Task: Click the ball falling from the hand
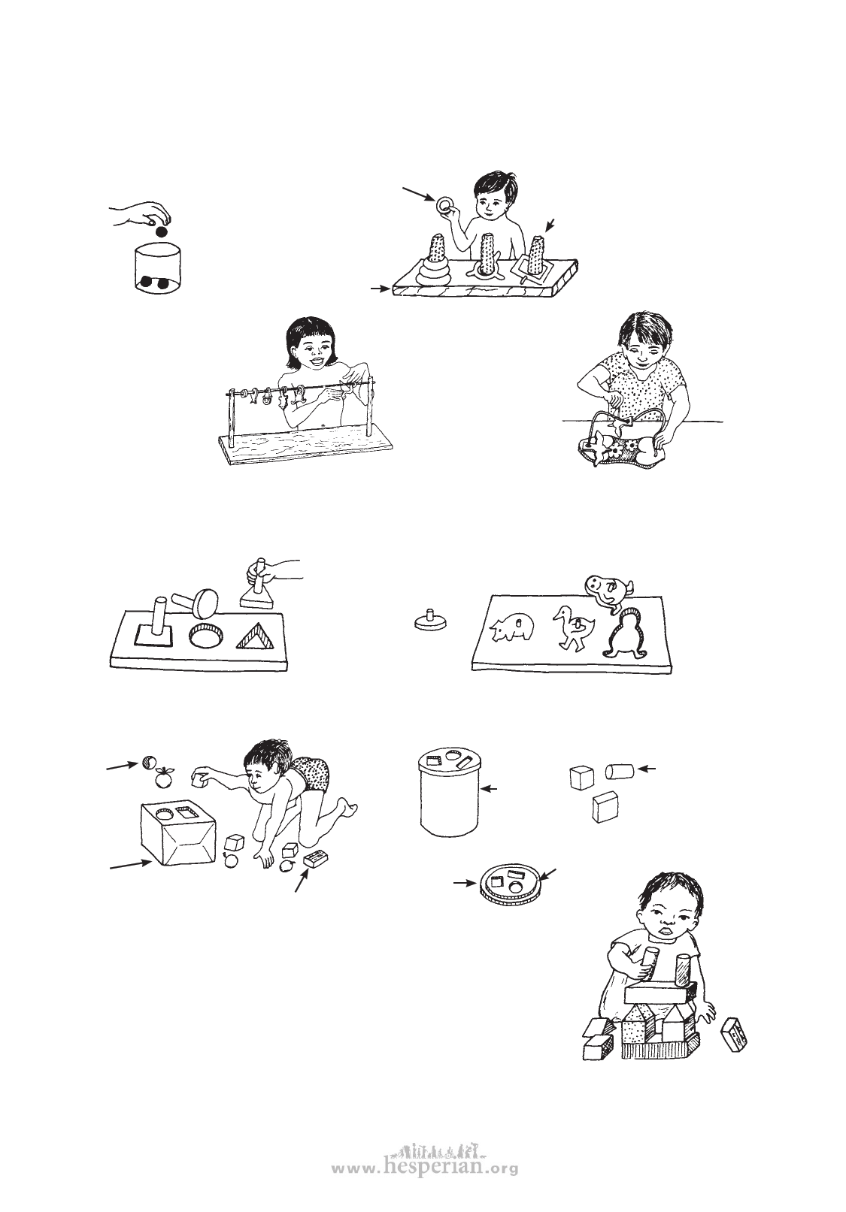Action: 160,232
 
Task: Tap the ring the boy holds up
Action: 444,205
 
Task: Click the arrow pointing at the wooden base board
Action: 381,289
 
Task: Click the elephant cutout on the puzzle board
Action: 512,629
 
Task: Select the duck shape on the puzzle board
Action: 572,627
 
